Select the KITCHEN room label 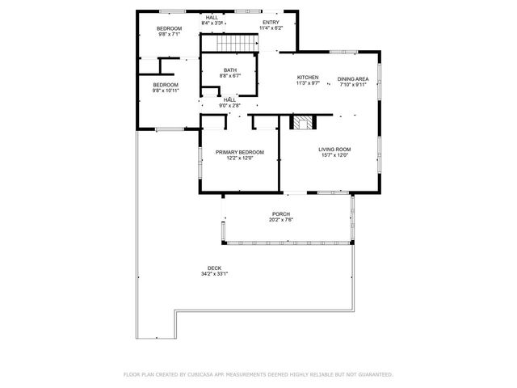307,78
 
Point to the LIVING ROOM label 334,149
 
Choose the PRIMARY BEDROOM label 239,152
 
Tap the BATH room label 230,70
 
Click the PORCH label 280,214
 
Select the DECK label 214,268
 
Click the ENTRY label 271,23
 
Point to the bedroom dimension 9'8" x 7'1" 168,34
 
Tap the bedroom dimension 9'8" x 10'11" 166,91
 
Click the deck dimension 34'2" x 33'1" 214,273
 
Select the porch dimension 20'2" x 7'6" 280,220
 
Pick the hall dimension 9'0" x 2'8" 230,105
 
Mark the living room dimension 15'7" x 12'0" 334,155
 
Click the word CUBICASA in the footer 208,374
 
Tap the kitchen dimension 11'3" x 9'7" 307,83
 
